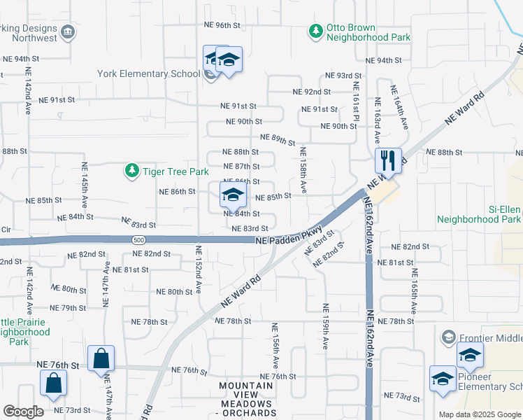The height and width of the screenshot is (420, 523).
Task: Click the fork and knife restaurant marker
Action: coord(387,160)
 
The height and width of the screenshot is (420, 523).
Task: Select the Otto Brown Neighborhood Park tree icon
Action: coord(316,31)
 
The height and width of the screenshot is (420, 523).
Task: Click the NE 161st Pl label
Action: coord(356,101)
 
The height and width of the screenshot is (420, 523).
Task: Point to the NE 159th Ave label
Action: coord(325,325)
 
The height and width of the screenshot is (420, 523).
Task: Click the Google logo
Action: coord(23,412)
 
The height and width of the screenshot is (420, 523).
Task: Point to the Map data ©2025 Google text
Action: coord(478,414)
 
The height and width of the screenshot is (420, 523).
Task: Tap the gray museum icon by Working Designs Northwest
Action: coord(68,31)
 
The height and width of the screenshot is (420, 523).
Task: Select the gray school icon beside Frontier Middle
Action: coord(447,337)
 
